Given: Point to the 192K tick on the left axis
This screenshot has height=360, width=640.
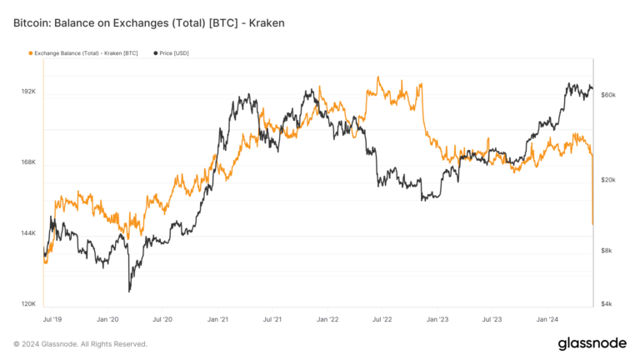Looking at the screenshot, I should click(28, 91).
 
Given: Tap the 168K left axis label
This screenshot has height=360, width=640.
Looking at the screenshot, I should click(28, 162).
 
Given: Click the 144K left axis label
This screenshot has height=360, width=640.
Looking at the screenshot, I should click(28, 232).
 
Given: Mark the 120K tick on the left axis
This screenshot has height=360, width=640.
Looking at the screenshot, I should click(28, 304).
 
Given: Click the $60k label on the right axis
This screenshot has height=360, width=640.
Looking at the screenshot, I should click(608, 95).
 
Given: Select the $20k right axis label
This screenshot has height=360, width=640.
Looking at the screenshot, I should click(608, 180).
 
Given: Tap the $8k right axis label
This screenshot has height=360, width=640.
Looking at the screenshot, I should click(607, 251).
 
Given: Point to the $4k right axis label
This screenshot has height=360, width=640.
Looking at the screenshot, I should click(607, 304).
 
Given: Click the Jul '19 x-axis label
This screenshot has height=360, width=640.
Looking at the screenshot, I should click(52, 319).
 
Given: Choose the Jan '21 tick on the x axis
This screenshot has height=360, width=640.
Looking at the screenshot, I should click(217, 319).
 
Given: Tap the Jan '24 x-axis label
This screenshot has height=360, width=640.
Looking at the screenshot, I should click(547, 319).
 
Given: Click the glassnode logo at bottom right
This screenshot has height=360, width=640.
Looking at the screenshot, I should click(592, 343).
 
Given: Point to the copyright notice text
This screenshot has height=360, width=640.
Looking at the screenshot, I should click(80, 343).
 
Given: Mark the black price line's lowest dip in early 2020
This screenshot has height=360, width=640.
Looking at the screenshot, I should click(129, 291).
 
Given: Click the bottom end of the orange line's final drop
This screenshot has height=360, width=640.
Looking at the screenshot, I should click(592, 224).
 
